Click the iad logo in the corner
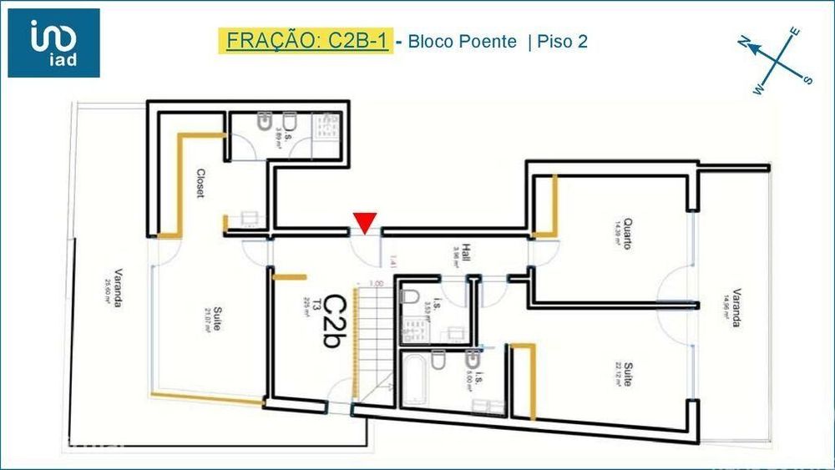53,43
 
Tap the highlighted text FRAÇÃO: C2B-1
304,41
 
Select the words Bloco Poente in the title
462,41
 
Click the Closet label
200,184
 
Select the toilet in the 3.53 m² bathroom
410,297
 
